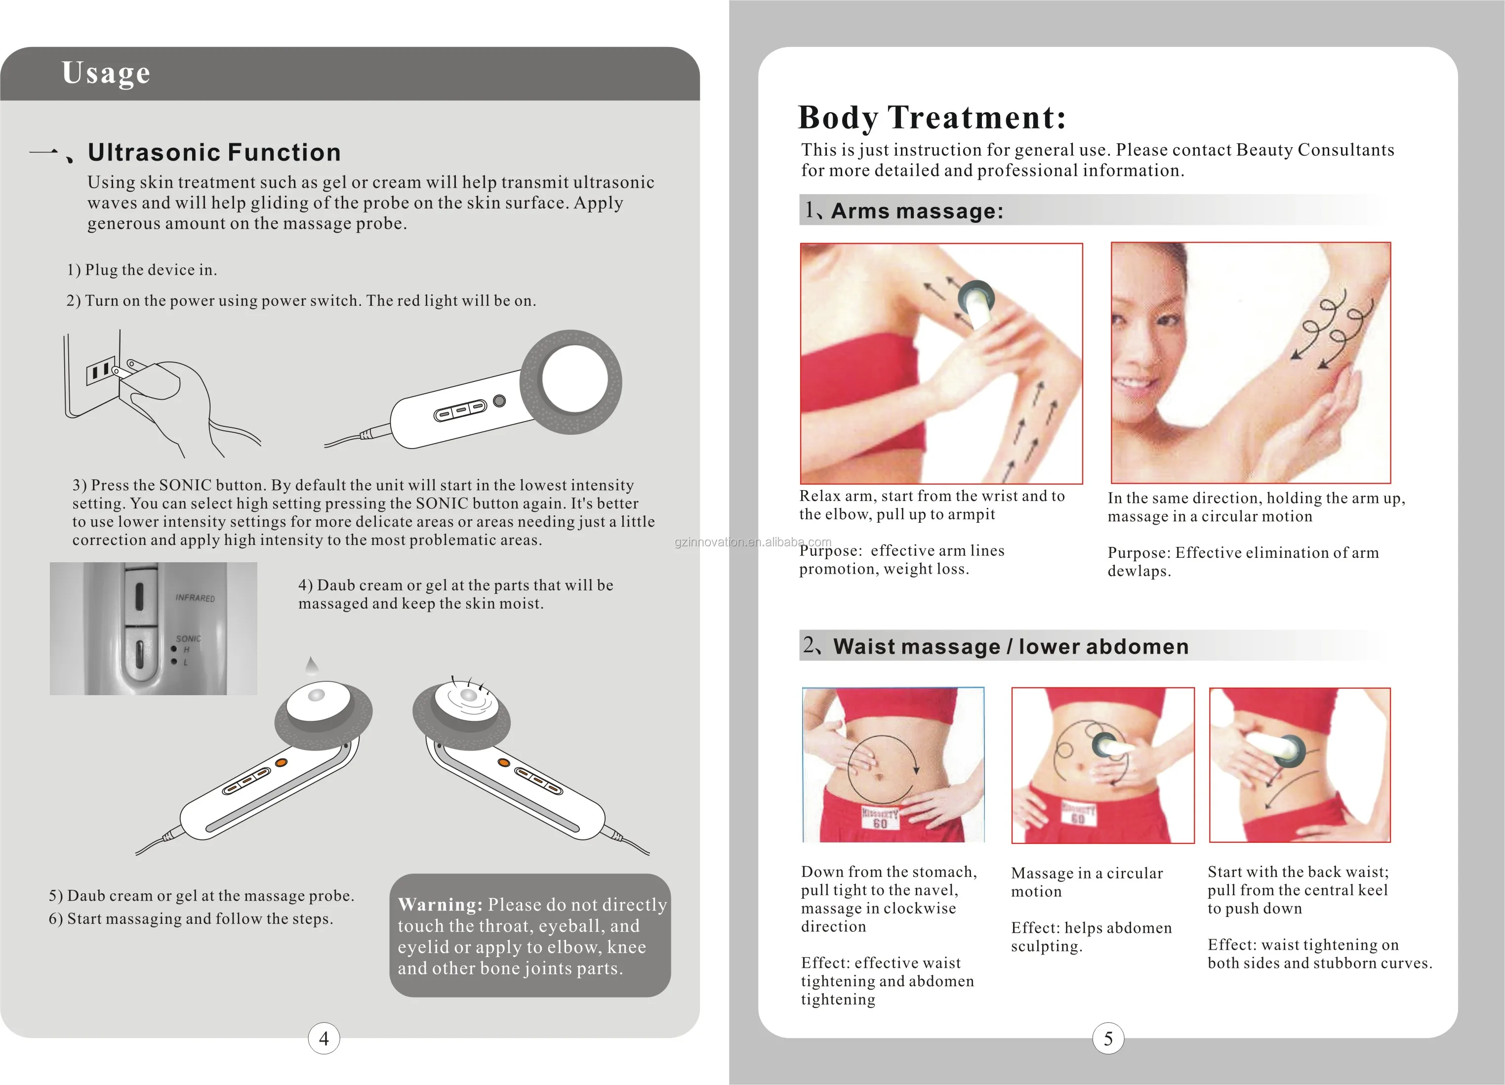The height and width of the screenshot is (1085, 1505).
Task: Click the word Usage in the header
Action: [x=106, y=73]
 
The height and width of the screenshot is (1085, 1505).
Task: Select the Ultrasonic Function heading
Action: [x=214, y=152]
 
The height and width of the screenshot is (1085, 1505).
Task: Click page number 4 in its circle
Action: [x=324, y=1039]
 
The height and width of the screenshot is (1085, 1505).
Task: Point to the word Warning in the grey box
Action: [x=440, y=905]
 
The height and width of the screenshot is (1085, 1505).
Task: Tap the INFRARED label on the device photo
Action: [x=195, y=598]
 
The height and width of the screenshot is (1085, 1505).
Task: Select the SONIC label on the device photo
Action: [x=189, y=638]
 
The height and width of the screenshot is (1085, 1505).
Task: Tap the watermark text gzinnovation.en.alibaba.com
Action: [x=753, y=542]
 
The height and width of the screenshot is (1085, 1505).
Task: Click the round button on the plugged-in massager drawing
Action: [x=500, y=401]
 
